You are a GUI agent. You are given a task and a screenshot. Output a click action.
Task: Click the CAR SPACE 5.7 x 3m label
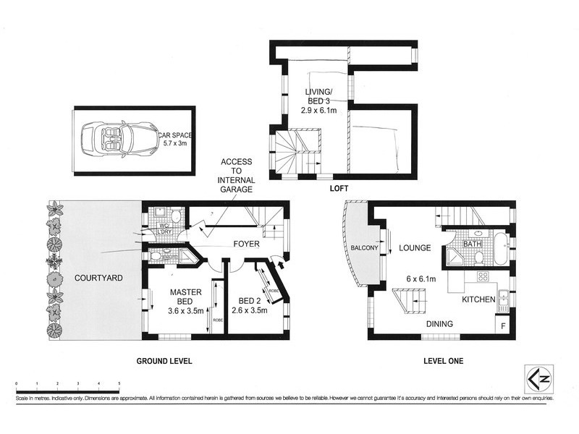(x=174, y=138)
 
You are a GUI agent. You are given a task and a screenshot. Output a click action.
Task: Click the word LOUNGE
(x=415, y=248)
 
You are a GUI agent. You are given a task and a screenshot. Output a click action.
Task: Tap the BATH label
(x=473, y=244)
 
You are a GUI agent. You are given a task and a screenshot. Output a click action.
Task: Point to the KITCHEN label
(x=478, y=299)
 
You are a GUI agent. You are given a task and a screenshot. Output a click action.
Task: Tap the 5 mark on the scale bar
(x=119, y=383)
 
